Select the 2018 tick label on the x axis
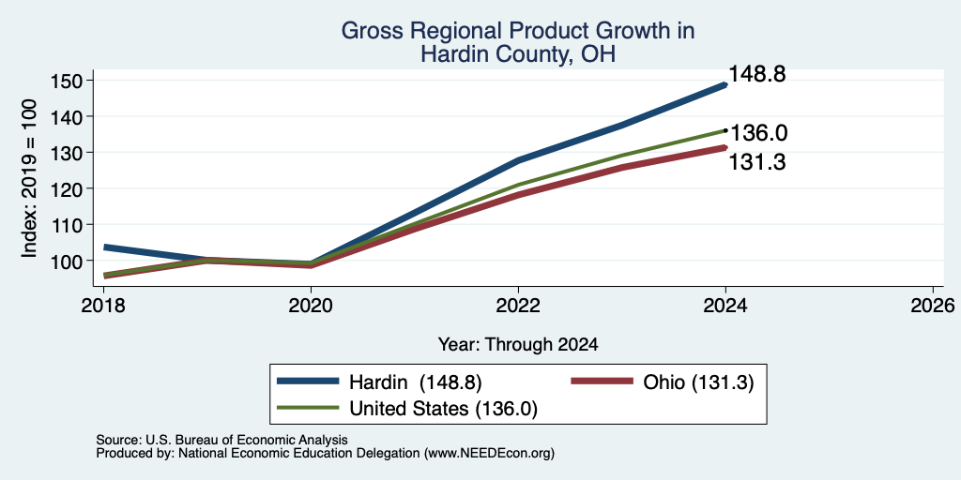(x=103, y=305)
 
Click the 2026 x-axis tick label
(x=933, y=305)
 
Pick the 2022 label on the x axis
(x=518, y=305)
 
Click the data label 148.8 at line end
(x=757, y=75)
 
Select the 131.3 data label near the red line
(x=757, y=162)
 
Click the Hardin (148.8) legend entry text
(x=416, y=382)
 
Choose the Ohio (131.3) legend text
(x=698, y=382)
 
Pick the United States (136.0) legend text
(x=443, y=409)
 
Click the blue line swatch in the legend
(x=308, y=381)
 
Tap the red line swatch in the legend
(x=602, y=381)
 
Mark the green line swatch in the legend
(x=308, y=407)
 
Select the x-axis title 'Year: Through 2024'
(x=518, y=345)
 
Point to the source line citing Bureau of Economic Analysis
(x=221, y=440)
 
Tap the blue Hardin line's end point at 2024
(x=725, y=85)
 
